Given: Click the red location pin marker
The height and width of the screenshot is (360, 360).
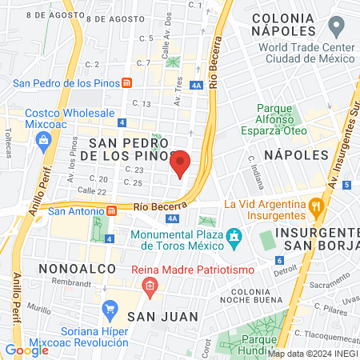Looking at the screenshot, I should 182,162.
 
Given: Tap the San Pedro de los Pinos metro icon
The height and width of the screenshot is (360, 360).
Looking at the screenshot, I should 126,83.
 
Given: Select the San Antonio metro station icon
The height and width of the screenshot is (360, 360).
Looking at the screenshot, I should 113,211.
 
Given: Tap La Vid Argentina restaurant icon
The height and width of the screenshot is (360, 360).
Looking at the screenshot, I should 317,209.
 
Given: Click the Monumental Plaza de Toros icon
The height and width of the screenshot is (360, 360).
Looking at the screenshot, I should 234,238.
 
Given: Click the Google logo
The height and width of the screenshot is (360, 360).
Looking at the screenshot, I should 26,350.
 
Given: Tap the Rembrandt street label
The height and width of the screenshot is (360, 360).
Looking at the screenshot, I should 74,282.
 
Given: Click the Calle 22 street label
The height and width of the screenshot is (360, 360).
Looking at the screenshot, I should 90,191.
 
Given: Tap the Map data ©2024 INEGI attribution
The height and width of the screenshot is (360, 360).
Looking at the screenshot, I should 312,353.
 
